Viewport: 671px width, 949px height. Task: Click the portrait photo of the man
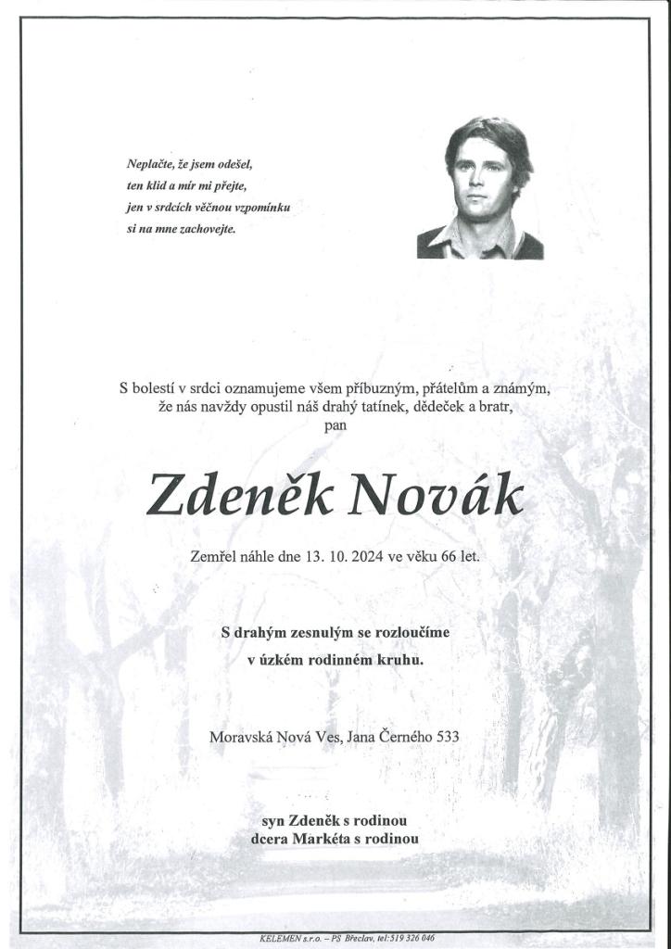[480, 189]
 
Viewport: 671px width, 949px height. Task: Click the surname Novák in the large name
[436, 498]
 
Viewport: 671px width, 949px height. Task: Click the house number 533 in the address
[446, 737]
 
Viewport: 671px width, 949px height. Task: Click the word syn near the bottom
[272, 821]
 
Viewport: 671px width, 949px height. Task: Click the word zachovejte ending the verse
[209, 228]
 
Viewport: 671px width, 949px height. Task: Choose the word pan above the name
[335, 425]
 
